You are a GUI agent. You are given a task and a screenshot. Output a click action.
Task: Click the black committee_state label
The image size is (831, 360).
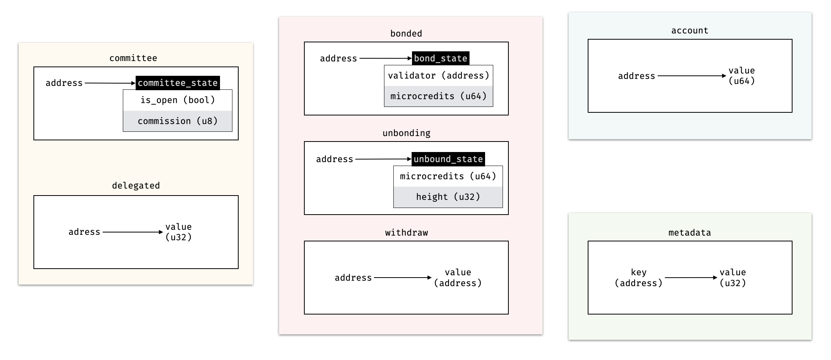pyautogui.click(x=178, y=83)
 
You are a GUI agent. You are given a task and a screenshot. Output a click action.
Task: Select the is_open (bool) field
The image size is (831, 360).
pyautogui.click(x=178, y=100)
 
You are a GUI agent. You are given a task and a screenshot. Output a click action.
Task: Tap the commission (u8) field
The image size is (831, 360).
pyautogui.click(x=178, y=121)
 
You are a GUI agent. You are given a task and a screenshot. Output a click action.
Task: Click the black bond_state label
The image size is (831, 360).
pyautogui.click(x=440, y=58)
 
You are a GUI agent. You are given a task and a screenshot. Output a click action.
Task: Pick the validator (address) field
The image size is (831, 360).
pyautogui.click(x=438, y=75)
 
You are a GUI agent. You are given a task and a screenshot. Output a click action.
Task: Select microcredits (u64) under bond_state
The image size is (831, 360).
pyautogui.click(x=438, y=96)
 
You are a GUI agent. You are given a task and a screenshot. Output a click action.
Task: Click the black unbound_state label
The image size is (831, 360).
pyautogui.click(x=448, y=159)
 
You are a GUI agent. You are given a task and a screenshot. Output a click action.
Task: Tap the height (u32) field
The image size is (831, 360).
pyautogui.click(x=448, y=197)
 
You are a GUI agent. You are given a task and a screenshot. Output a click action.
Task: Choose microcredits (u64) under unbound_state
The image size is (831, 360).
pyautogui.click(x=448, y=176)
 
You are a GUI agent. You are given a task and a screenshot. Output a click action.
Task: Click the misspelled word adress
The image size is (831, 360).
pyautogui.click(x=84, y=232)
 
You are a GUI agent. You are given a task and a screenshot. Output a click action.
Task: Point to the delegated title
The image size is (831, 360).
pyautogui.click(x=136, y=185)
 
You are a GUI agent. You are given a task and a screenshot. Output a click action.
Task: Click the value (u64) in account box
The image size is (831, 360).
pyautogui.click(x=742, y=75)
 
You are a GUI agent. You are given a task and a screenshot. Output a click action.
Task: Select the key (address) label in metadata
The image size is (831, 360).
pyautogui.click(x=639, y=278)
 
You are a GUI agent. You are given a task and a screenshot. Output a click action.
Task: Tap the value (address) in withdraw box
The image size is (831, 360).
pyautogui.click(x=458, y=278)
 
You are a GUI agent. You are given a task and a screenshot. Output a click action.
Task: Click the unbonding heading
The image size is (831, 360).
pyautogui.click(x=406, y=133)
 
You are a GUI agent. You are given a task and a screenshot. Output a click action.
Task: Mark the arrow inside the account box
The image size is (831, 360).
pyautogui.click(x=691, y=76)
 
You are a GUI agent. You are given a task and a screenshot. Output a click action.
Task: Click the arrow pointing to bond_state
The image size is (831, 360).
pyautogui.click(x=385, y=58)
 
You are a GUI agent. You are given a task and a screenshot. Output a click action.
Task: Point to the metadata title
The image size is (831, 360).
pyautogui.click(x=690, y=232)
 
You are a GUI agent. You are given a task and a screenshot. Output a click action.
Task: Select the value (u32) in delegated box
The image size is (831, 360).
pyautogui.click(x=178, y=232)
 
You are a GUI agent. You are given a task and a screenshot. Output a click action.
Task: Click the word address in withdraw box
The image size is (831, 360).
pyautogui.click(x=353, y=278)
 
